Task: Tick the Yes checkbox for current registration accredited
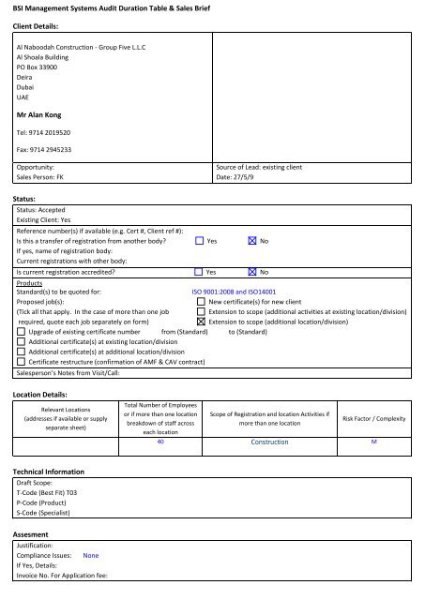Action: pyautogui.click(x=199, y=272)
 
